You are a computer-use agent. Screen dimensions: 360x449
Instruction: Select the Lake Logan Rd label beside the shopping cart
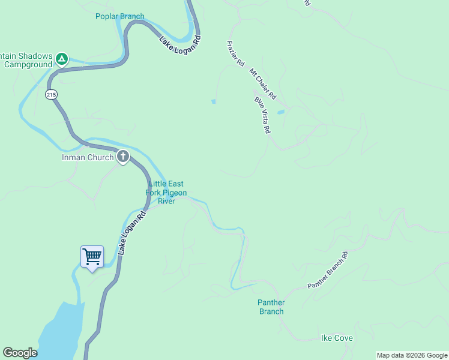click(x=132, y=232)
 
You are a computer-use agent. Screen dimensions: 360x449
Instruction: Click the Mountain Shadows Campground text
click(x=26, y=59)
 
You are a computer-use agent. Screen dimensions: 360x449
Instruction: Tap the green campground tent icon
click(x=61, y=59)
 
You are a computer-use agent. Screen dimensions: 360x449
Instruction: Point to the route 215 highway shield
click(x=51, y=95)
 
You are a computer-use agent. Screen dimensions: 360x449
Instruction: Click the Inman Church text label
click(x=88, y=158)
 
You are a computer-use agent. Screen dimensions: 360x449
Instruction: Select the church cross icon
click(x=123, y=157)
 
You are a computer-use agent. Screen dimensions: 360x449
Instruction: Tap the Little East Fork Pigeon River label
click(x=166, y=193)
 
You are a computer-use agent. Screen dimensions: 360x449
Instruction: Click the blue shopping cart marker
click(x=92, y=257)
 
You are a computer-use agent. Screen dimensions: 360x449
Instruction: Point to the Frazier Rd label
click(x=236, y=53)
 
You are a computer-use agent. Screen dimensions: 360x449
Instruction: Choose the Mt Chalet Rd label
click(x=262, y=84)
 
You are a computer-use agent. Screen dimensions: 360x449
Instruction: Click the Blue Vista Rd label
click(x=262, y=115)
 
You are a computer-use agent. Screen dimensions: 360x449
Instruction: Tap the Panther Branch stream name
click(x=271, y=307)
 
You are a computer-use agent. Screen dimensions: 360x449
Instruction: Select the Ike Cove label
click(x=337, y=338)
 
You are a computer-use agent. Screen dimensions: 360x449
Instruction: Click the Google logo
click(x=20, y=353)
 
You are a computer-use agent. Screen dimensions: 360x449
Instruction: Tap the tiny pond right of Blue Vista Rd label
click(x=280, y=112)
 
